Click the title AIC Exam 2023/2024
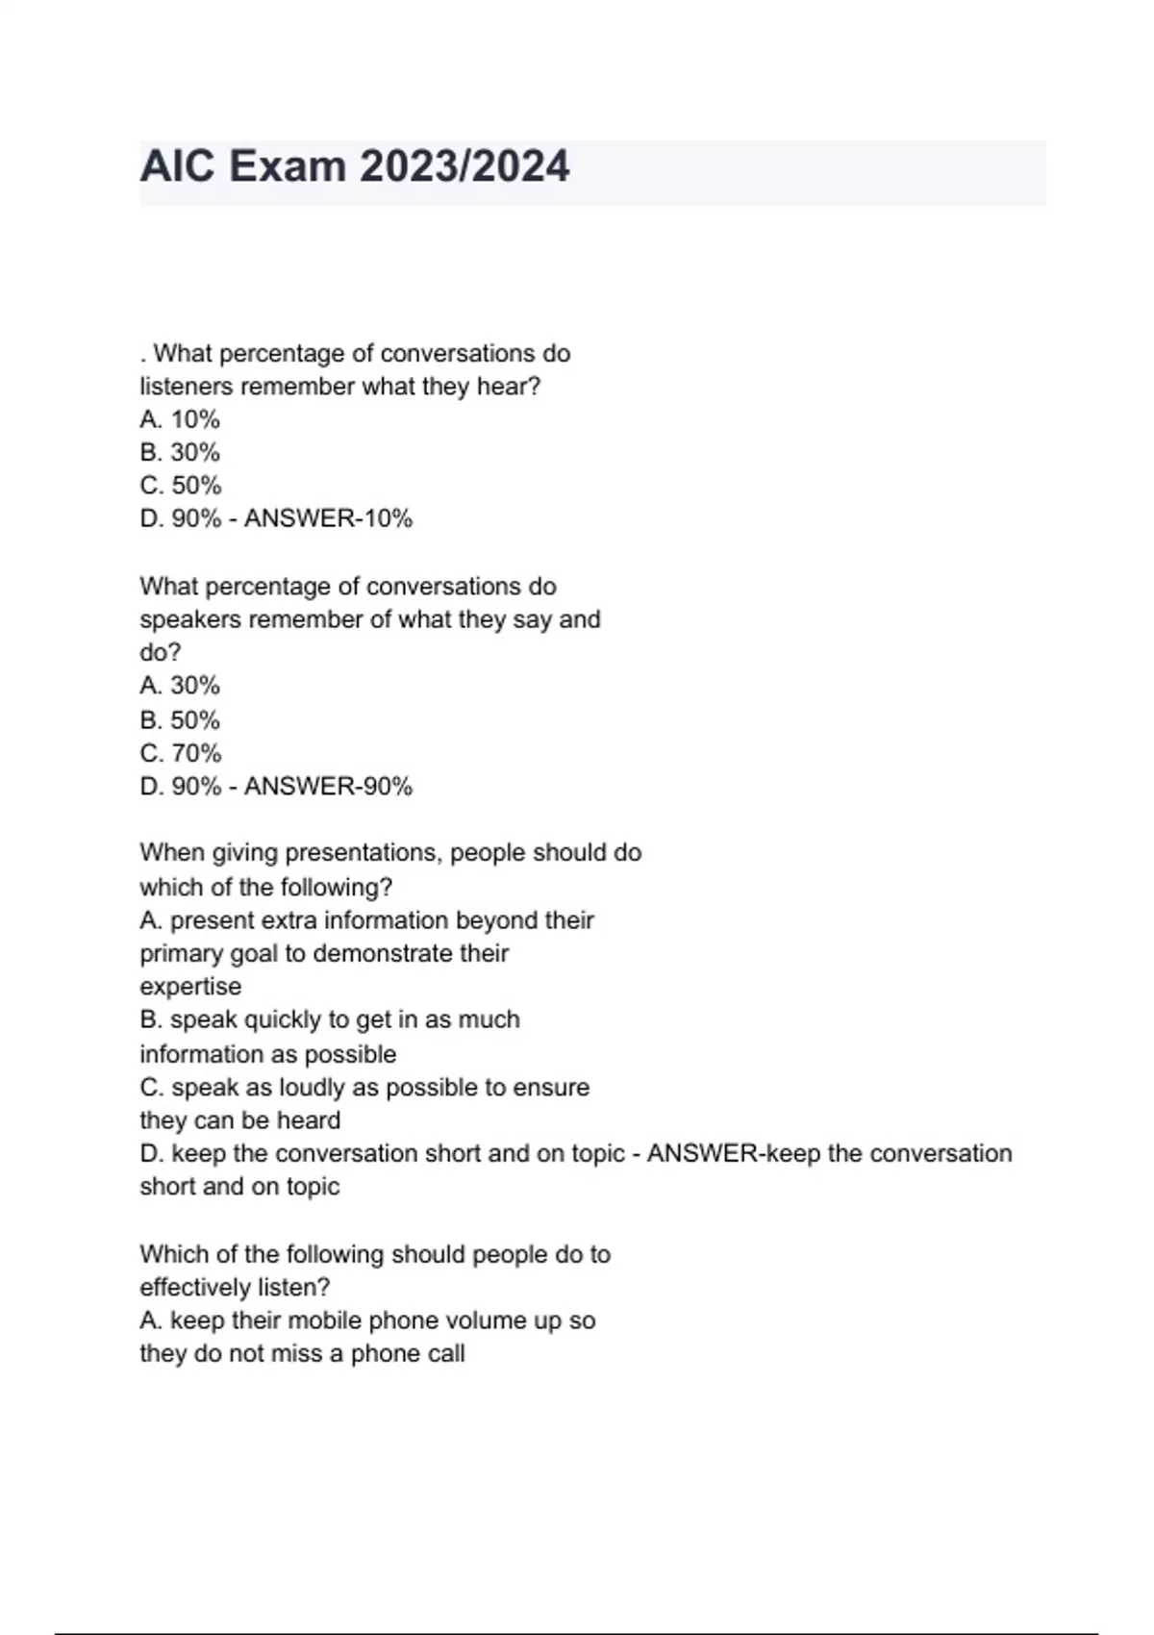(x=355, y=166)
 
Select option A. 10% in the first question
(x=180, y=419)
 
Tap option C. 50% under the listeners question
(x=180, y=485)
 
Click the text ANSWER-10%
(x=328, y=518)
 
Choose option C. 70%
(x=180, y=753)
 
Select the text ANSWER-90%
(x=328, y=787)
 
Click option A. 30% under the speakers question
(x=180, y=686)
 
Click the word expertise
(x=190, y=987)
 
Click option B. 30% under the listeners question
(x=180, y=452)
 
